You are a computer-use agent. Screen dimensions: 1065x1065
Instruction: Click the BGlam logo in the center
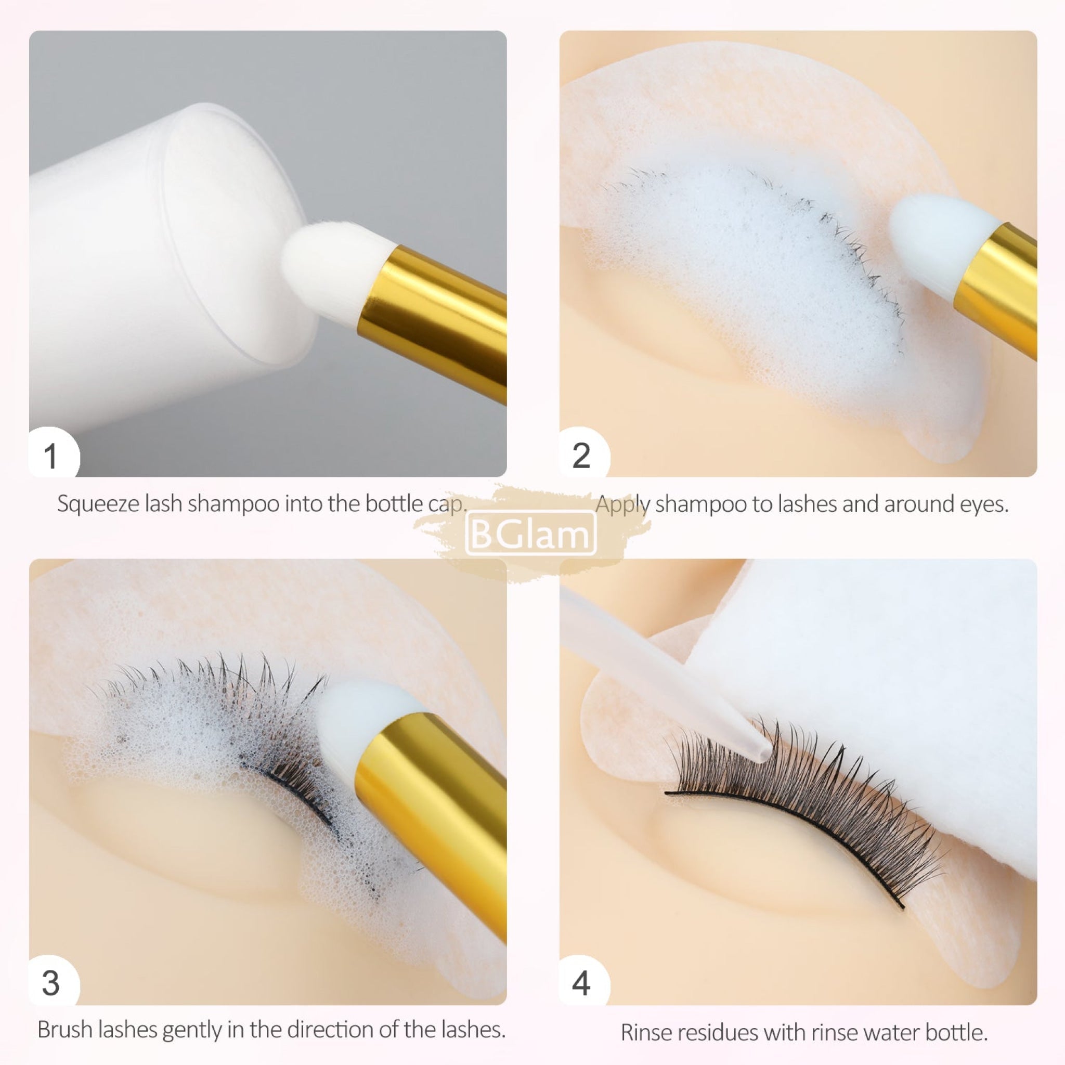click(531, 533)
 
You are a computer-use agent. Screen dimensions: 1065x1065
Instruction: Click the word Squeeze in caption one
click(98, 504)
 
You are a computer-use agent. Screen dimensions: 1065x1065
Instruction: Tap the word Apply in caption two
click(623, 504)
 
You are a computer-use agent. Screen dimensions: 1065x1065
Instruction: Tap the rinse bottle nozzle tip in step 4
click(761, 753)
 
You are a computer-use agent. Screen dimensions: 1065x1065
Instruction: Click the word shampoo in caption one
click(233, 504)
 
